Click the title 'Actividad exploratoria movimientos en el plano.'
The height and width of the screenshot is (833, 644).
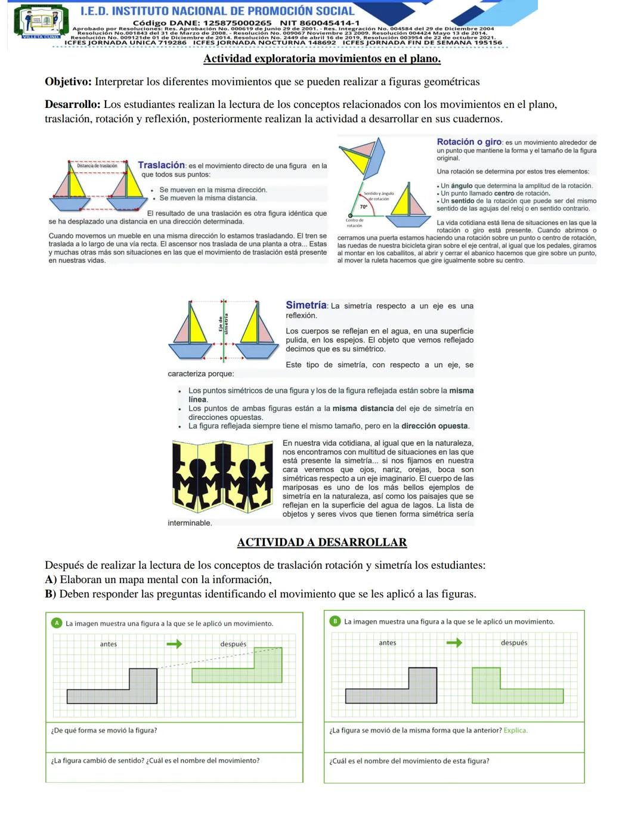[x=322, y=58]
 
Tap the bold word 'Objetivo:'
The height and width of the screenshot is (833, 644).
[x=69, y=82]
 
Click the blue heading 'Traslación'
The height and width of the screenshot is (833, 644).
[x=162, y=165]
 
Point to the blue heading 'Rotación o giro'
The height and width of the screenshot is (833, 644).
[x=469, y=142]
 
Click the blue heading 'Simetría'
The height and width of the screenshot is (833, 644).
[x=306, y=305]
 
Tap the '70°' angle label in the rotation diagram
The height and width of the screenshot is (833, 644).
[x=364, y=206]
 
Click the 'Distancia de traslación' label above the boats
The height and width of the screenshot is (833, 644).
[x=97, y=166]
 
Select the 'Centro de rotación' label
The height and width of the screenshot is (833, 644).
[x=354, y=223]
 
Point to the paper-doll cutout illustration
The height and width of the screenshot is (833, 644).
[x=222, y=476]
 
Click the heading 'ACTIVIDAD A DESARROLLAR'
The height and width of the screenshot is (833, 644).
[x=322, y=543]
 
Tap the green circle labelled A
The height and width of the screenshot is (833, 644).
[x=57, y=623]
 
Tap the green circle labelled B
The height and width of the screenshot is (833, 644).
[x=335, y=621]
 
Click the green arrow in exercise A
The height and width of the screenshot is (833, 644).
[x=174, y=644]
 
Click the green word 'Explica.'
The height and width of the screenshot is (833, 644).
[x=516, y=730]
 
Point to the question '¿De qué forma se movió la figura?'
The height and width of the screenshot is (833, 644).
[x=104, y=730]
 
